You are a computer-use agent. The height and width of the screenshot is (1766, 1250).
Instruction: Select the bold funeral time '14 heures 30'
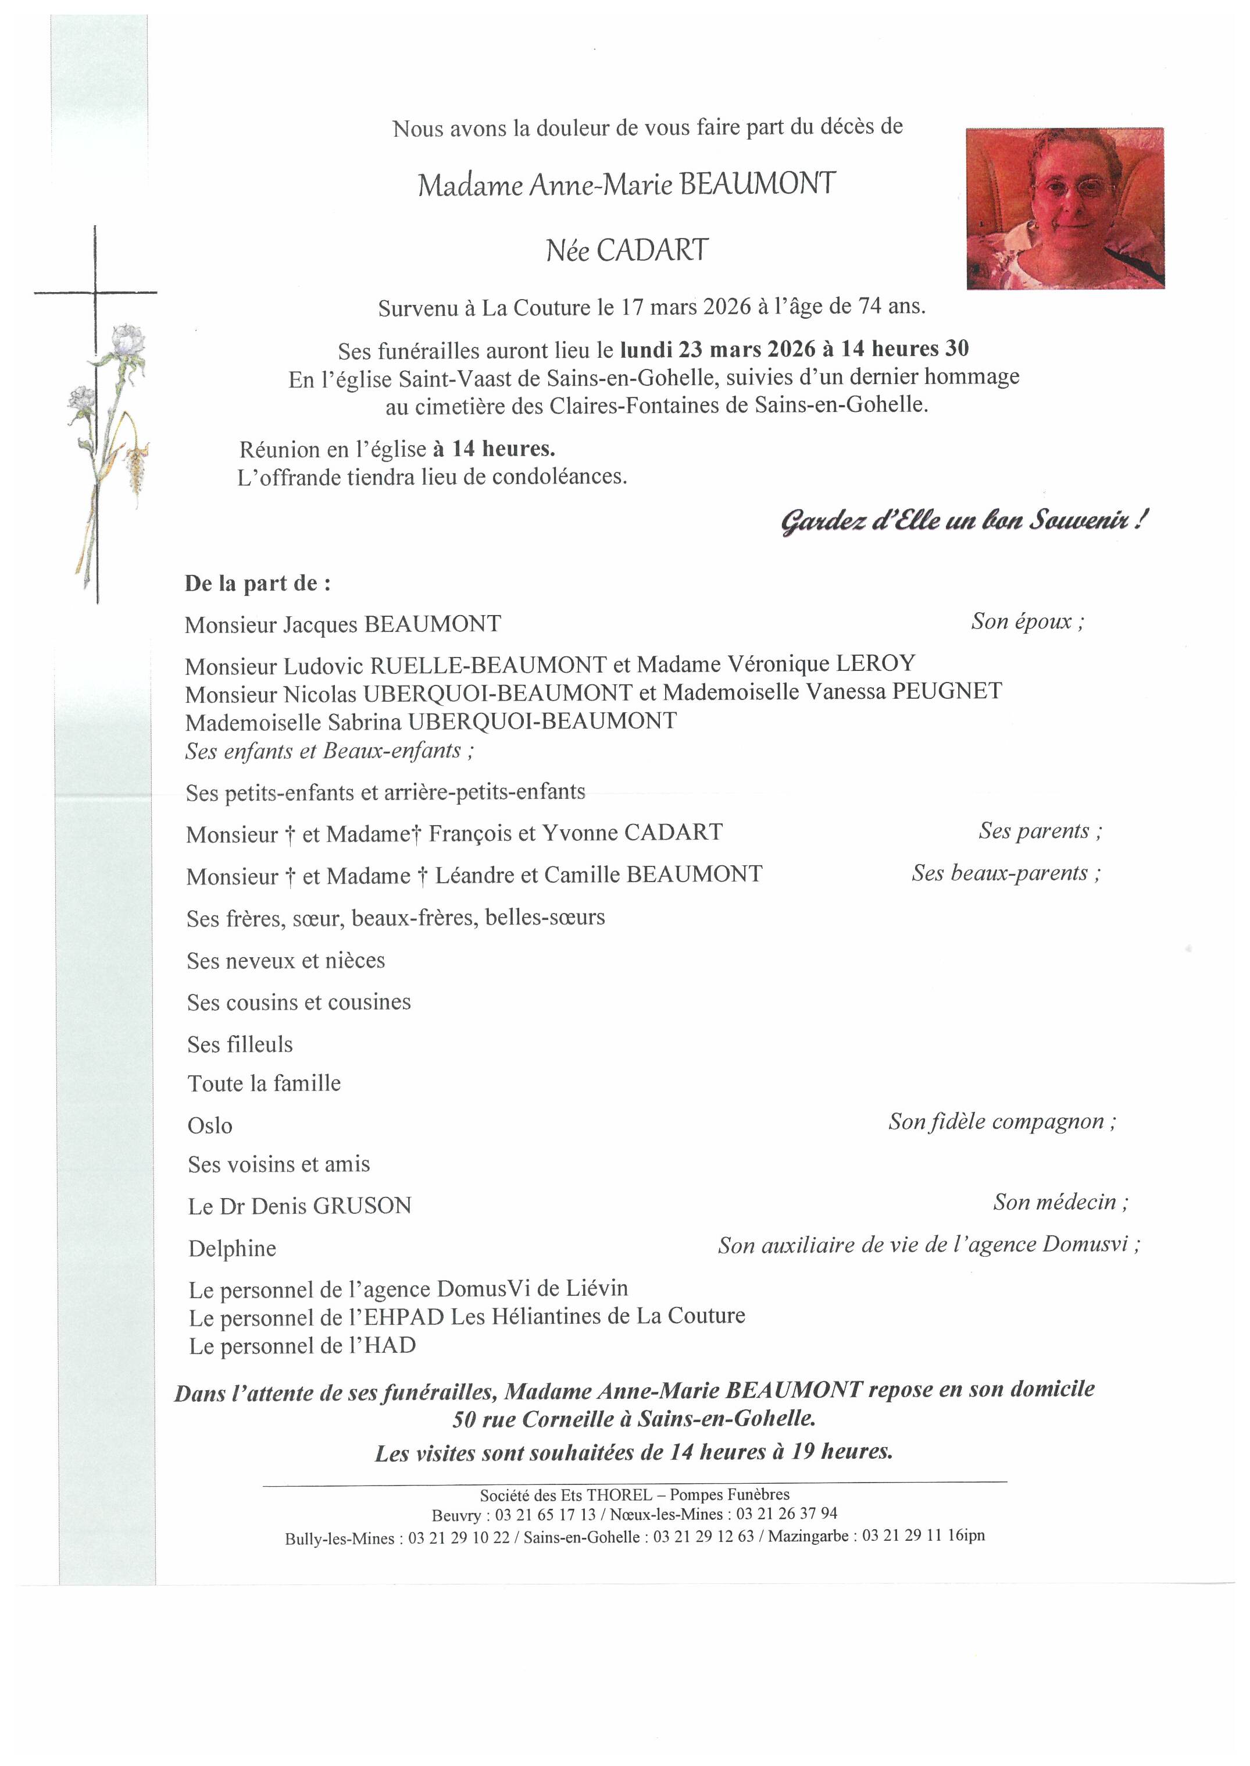click(x=905, y=349)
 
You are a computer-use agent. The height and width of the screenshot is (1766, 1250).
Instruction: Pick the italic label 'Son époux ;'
click(x=1027, y=621)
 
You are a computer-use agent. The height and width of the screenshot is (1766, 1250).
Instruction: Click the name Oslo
click(x=209, y=1126)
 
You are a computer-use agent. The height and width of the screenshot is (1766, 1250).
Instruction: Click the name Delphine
click(x=231, y=1249)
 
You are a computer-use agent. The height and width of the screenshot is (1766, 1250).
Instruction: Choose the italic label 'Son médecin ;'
click(x=1060, y=1202)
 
